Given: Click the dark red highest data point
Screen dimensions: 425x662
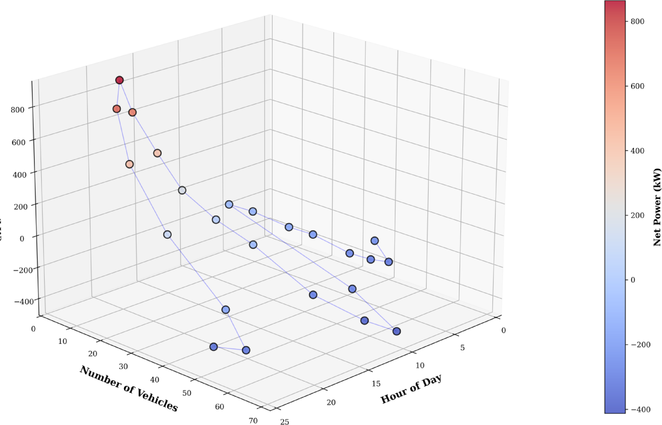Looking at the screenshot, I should point(119,80).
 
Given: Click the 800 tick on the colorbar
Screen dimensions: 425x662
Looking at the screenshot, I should point(637,22).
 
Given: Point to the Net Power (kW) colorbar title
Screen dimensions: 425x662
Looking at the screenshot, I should point(657,207).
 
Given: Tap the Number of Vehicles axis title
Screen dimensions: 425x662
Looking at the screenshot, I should point(129,389).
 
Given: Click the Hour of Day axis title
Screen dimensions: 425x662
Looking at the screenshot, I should point(411,389).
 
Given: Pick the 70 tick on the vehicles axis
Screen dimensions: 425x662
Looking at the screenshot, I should point(253,421).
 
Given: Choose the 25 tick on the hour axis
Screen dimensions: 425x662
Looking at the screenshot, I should point(284,422).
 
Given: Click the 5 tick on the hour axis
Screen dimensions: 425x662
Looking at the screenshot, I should point(462,348).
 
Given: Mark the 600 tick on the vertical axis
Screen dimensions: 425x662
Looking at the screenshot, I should point(19,143).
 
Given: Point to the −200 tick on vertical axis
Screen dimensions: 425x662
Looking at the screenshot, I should point(23,270).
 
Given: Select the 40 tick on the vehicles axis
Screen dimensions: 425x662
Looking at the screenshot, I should point(154,380).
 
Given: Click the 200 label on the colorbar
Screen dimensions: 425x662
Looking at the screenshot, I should point(637,215).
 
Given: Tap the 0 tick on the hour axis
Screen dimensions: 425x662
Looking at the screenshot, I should point(503,330).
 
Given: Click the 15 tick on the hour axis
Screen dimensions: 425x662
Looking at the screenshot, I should point(376,384).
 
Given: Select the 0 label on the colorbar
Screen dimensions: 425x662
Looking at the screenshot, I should point(633,280).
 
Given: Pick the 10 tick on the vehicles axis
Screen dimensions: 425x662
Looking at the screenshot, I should point(63,341).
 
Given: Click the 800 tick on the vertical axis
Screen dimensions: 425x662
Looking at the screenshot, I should point(17,110).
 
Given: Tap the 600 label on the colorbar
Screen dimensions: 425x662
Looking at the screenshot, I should point(637,86).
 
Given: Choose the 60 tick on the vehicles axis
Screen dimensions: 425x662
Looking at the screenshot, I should point(220,406).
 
